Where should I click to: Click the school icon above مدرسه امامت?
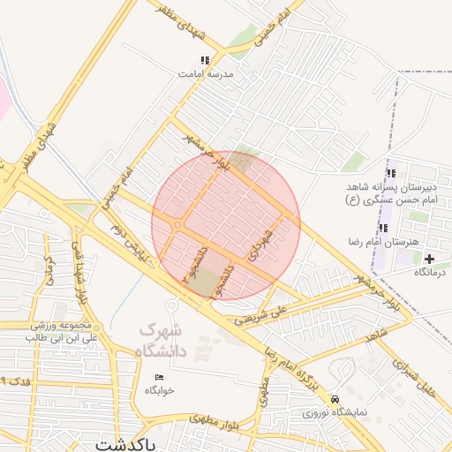206,61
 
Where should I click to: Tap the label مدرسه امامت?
206,76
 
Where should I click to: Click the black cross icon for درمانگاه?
429,259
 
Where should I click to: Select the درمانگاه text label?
430,273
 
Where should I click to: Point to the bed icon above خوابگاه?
160,377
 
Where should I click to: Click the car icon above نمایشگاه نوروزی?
334,399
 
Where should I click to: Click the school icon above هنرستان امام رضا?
382,228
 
